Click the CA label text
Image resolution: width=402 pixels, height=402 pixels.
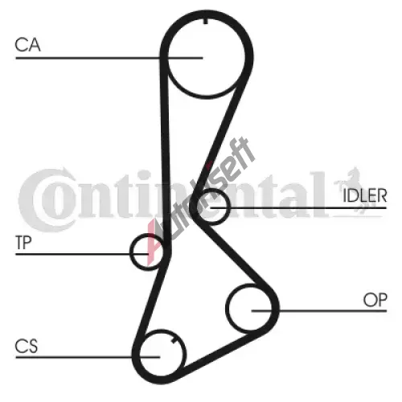click(27, 45)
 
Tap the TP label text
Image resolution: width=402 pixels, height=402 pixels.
click(23, 243)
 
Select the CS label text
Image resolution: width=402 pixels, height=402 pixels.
click(27, 346)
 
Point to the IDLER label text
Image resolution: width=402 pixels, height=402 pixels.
click(365, 195)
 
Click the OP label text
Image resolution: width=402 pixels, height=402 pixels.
click(375, 300)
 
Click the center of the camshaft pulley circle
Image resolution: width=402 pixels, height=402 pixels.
click(207, 57)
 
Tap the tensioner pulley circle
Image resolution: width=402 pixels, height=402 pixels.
click(129, 252)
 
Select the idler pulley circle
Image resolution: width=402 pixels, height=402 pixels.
click(230, 207)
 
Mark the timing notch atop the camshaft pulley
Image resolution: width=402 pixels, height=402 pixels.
click(206, 21)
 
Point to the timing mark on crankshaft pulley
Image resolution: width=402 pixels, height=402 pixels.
click(174, 340)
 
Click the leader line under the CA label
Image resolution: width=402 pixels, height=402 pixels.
click(109, 58)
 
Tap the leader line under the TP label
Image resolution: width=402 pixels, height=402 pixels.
click(82, 254)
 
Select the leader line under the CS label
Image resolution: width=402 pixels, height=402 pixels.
click(88, 357)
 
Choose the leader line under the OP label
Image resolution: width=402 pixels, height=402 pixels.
click(319, 311)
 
